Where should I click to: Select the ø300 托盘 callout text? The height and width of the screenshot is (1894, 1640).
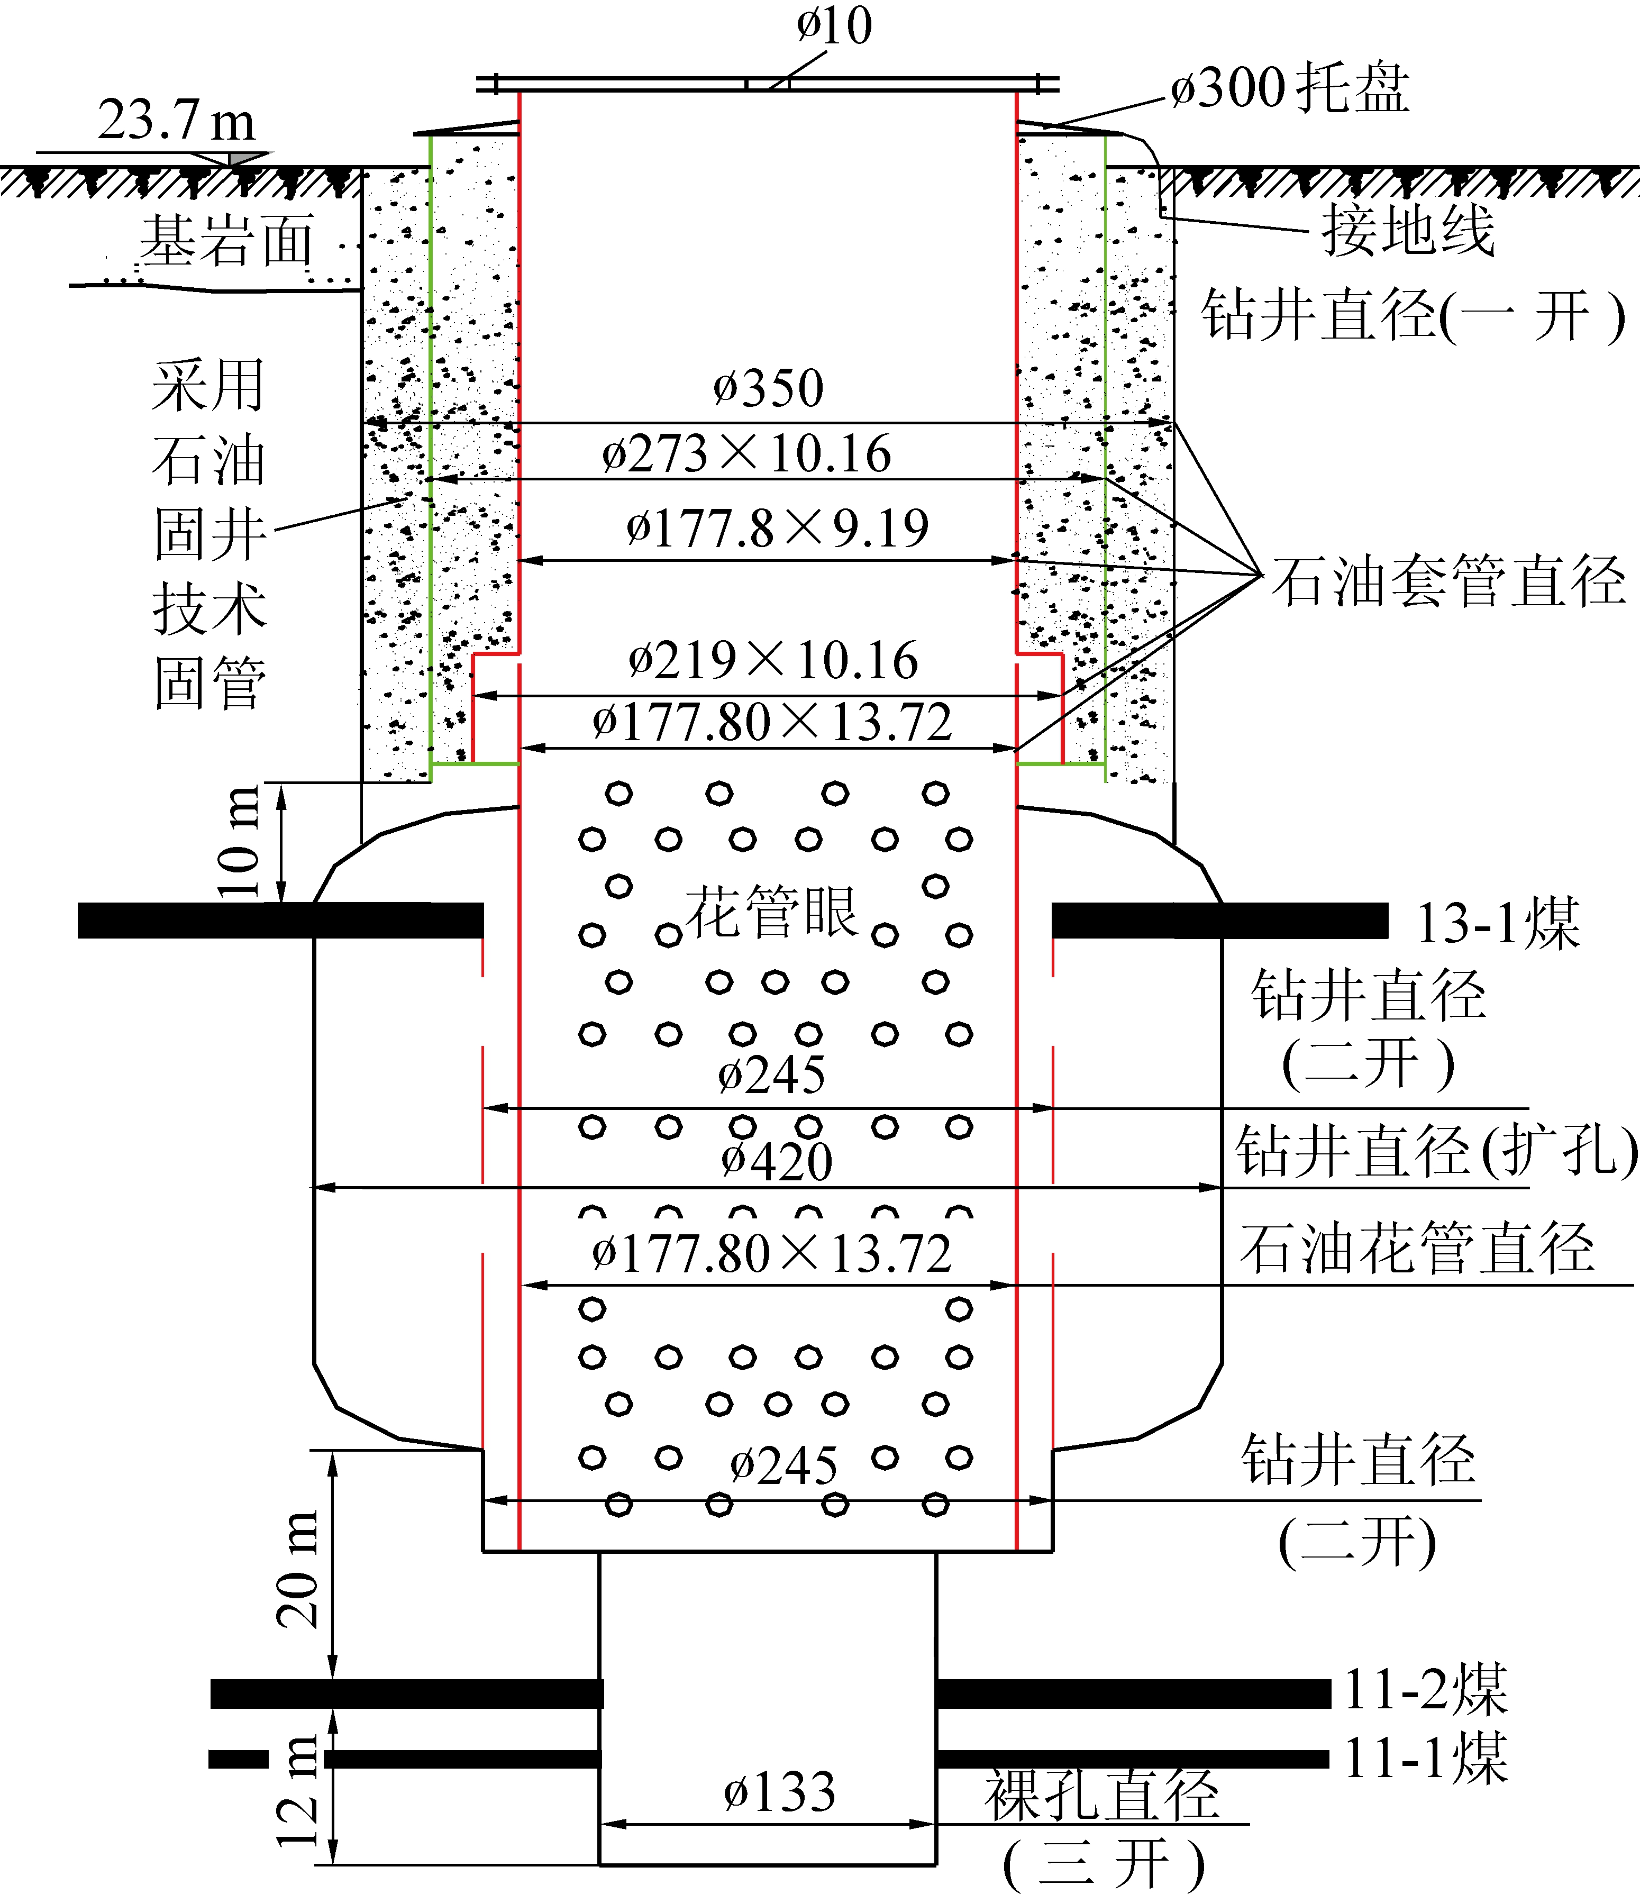[1289, 89]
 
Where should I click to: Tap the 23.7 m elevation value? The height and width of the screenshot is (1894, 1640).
[176, 120]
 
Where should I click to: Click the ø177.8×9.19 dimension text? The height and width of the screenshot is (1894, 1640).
[777, 528]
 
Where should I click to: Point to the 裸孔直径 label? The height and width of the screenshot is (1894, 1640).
[1102, 1795]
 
